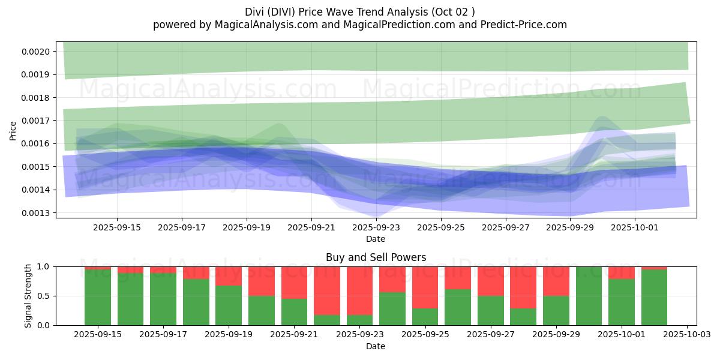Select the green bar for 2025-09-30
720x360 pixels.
point(589,296)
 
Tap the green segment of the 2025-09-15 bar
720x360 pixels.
point(98,297)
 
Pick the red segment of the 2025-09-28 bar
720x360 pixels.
point(523,287)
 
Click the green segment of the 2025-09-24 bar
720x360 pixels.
point(392,308)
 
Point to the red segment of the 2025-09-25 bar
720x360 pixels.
point(425,287)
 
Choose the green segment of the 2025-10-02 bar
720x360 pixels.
point(654,297)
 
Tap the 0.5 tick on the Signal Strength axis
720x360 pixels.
point(46,296)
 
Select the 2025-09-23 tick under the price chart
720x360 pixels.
point(376,228)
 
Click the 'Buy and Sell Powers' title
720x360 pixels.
point(376,257)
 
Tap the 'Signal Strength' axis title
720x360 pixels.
point(28,296)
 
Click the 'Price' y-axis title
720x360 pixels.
point(13,131)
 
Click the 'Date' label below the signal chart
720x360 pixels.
point(376,346)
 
